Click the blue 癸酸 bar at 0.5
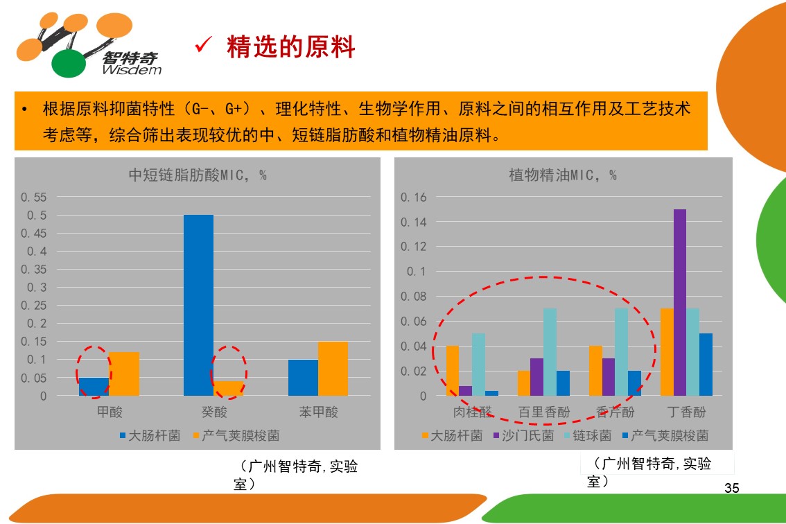point(198,305)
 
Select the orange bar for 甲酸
point(124,374)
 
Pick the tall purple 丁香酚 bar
point(680,302)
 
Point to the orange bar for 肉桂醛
point(453,371)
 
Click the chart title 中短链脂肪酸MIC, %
point(198,175)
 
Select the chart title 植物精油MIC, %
point(562,175)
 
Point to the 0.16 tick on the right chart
point(414,198)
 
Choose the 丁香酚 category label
point(686,412)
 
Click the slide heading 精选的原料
point(290,48)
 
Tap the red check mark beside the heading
point(203,46)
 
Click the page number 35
point(732,488)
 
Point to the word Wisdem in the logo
point(131,70)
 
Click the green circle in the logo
point(69,64)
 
